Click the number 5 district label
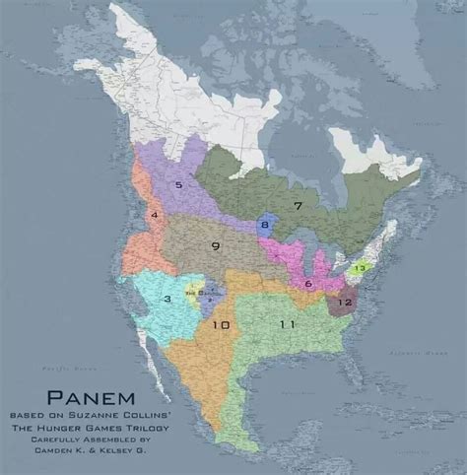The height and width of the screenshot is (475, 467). tap(179, 183)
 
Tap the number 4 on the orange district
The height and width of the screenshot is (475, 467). tap(154, 215)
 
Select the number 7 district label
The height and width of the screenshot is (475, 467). tap(297, 205)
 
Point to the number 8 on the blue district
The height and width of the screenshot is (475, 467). tap(264, 226)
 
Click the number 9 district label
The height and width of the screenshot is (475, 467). tap(215, 245)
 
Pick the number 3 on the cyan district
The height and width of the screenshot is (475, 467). tap(168, 299)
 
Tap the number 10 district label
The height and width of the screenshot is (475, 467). tap(221, 324)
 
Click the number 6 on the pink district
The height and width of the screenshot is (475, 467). tap(308, 284)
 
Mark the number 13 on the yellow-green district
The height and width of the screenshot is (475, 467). tap(361, 268)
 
